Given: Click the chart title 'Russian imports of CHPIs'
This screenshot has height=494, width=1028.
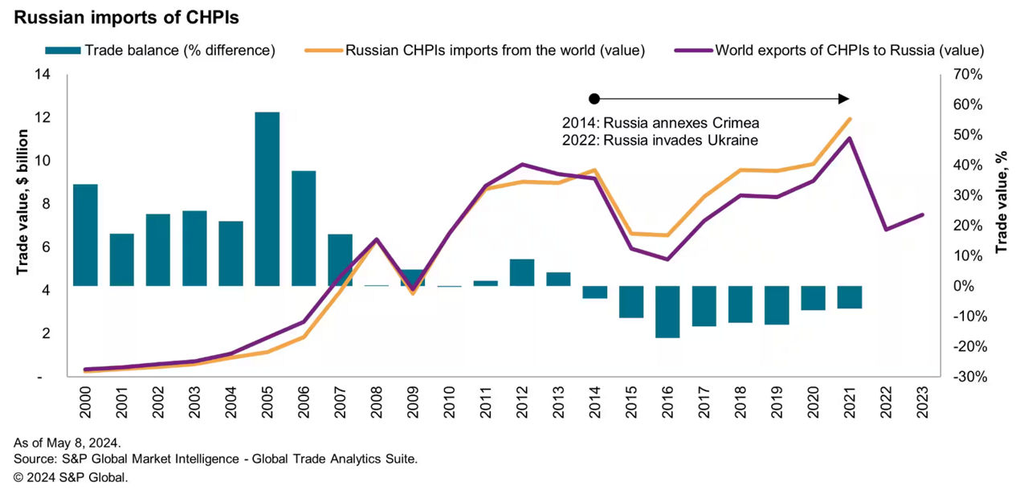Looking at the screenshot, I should pos(125,16).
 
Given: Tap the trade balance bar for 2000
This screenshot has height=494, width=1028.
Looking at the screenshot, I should pos(85,235).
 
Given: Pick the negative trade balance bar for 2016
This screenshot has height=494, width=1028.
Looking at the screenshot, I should pos(667,312).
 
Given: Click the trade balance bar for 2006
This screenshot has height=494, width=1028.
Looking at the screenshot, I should pos(304,228).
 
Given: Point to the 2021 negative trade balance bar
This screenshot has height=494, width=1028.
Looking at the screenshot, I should pos(850,297).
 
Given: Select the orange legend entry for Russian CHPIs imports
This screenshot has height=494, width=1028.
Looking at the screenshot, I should pos(477,51).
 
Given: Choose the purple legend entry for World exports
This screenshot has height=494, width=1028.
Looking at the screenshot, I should pos(835,51).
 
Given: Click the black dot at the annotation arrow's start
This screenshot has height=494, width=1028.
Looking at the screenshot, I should pos(594,99).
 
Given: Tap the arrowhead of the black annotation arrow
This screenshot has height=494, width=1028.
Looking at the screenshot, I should pos(843,99).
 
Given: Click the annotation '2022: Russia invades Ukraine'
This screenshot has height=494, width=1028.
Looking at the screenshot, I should pos(660,140).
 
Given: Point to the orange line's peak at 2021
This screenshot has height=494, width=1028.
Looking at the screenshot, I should pos(850,119).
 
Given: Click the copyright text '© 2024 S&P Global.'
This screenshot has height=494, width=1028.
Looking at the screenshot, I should pos(71,477).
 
